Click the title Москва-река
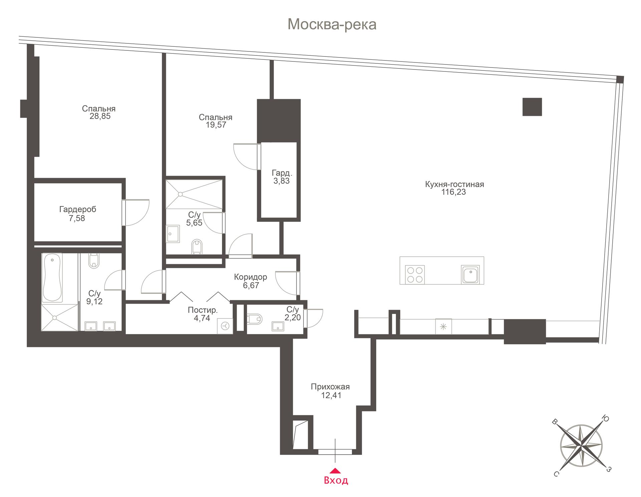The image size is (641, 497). click(332, 24)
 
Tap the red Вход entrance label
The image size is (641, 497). click(336, 480)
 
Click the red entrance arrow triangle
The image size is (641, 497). click(335, 471)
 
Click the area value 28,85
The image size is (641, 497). click(100, 116)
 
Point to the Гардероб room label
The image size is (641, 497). click(78, 209)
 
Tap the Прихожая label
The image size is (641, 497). click(330, 387)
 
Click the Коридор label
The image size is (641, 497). click(250, 277)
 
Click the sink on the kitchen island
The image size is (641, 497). click(470, 275)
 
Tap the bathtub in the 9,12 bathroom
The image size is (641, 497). click(52, 278)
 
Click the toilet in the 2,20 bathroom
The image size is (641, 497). click(254, 319)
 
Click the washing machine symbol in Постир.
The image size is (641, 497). click(225, 326)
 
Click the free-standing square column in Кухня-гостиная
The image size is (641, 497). click(532, 107)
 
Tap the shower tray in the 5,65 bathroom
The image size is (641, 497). click(194, 194)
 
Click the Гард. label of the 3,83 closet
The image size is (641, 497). click(282, 173)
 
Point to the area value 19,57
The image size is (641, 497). click(216, 125)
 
